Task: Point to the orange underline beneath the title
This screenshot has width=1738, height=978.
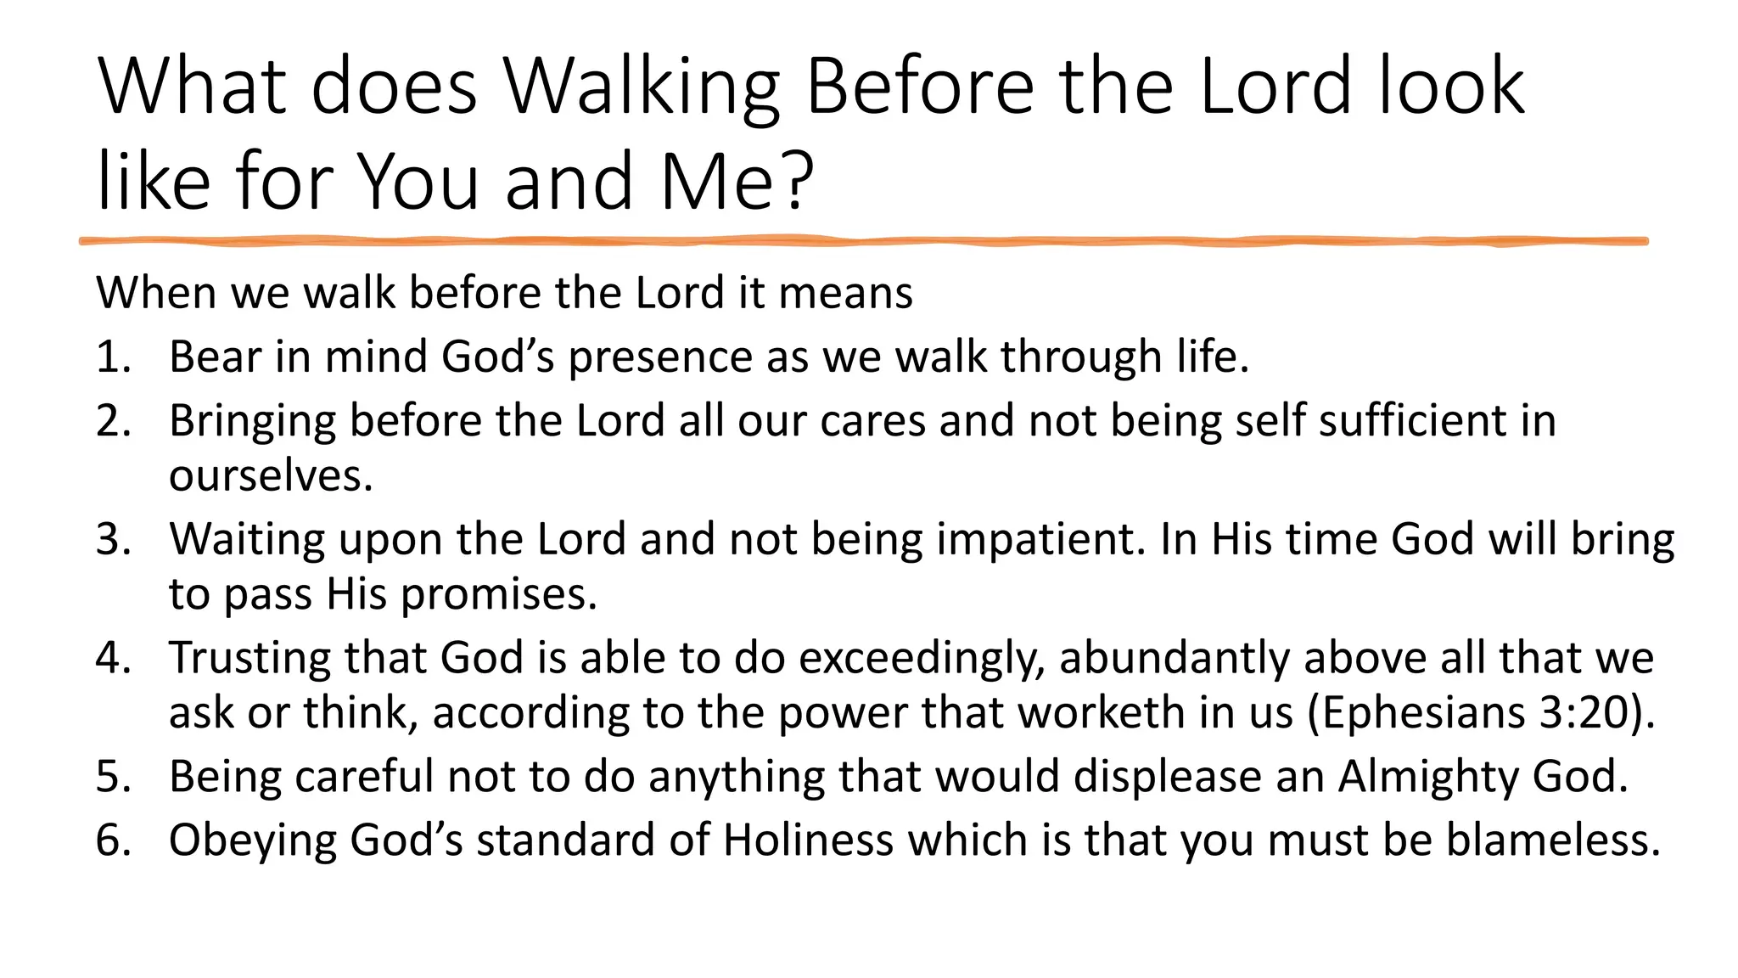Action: tap(863, 242)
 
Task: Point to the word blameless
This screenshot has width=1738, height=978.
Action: tap(1552, 840)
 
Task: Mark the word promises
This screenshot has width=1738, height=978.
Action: tap(498, 594)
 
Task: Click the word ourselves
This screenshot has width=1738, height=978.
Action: tap(271, 475)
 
